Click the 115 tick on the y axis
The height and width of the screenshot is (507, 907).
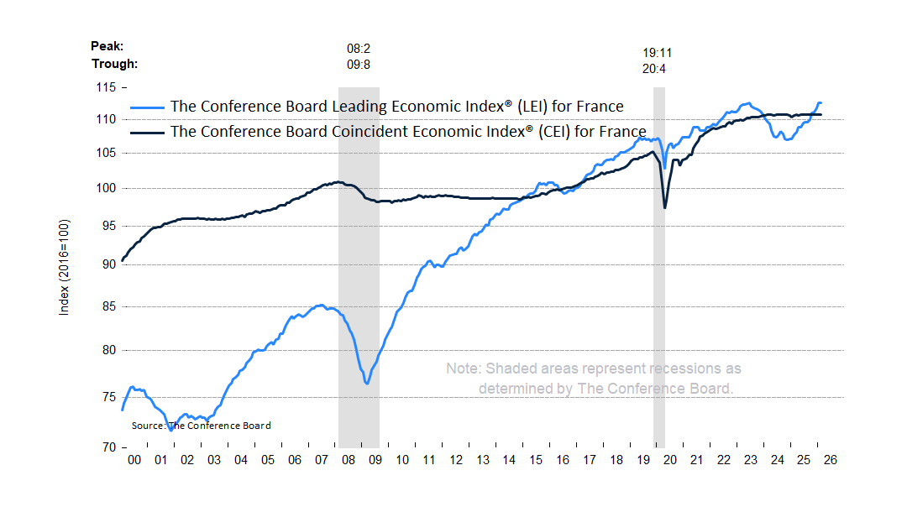pyautogui.click(x=106, y=87)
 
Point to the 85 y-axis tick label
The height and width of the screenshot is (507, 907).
pyautogui.click(x=106, y=306)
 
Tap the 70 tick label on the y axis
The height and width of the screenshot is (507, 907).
pyautogui.click(x=106, y=447)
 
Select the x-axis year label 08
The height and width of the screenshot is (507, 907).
pyautogui.click(x=349, y=460)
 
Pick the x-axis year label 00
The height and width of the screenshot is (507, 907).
pyautogui.click(x=134, y=460)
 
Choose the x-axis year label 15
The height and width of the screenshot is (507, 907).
pyautogui.click(x=536, y=460)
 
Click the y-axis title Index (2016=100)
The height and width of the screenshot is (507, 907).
pyautogui.click(x=64, y=268)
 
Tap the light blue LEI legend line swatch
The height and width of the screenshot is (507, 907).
pyautogui.click(x=148, y=107)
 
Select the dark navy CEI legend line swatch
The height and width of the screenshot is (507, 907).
pyautogui.click(x=148, y=133)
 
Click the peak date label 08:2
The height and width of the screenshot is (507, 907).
pyautogui.click(x=359, y=49)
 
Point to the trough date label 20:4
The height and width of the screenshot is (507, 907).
pyautogui.click(x=653, y=69)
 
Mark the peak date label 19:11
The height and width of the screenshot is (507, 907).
pyautogui.click(x=657, y=52)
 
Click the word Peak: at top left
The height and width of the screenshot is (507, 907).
pyautogui.click(x=107, y=47)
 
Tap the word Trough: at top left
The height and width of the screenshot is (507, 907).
pyautogui.click(x=114, y=64)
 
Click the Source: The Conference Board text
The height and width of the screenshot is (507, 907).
pyautogui.click(x=201, y=426)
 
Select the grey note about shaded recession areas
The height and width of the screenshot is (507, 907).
pyautogui.click(x=593, y=379)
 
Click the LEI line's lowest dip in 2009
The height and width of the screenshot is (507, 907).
pyautogui.click(x=367, y=384)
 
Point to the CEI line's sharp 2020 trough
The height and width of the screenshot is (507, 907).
pyautogui.click(x=665, y=207)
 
